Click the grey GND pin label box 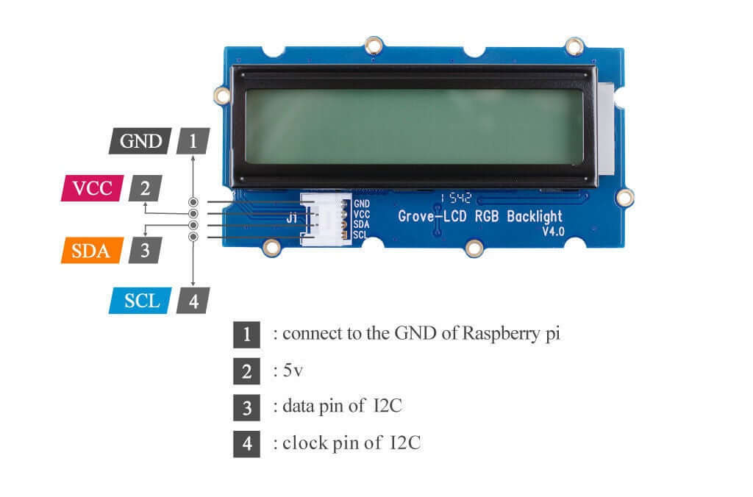pyautogui.click(x=140, y=140)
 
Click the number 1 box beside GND pyautogui.click(x=193, y=140)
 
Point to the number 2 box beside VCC pyautogui.click(x=145, y=188)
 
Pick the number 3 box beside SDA pyautogui.click(x=145, y=250)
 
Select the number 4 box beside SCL pyautogui.click(x=193, y=301)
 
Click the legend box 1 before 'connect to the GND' pyautogui.click(x=246, y=335)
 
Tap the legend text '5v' pyautogui.click(x=292, y=371)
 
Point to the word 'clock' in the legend pyautogui.click(x=303, y=443)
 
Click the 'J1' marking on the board pyautogui.click(x=292, y=218)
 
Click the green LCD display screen pyautogui.click(x=413, y=126)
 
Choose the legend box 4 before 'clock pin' pyautogui.click(x=246, y=443)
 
